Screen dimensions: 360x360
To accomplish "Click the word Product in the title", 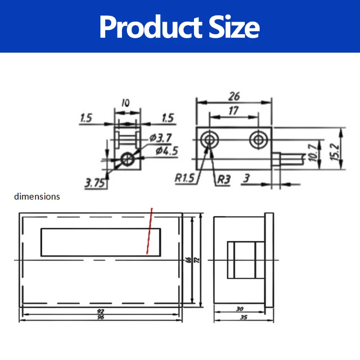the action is pyautogui.click(x=151, y=27).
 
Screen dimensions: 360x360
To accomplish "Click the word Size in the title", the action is pyautogui.click(x=234, y=27).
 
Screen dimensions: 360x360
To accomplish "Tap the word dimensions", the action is pyautogui.click(x=37, y=197).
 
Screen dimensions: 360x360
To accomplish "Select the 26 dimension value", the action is pyautogui.click(x=234, y=96).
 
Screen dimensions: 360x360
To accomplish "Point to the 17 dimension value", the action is pyautogui.click(x=234, y=111).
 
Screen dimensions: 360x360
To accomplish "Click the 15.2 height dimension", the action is pyautogui.click(x=335, y=152).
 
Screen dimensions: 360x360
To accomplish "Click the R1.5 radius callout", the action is pyautogui.click(x=184, y=178).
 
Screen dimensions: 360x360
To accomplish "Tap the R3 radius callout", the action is pyautogui.click(x=224, y=179).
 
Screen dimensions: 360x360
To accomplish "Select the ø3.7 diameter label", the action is pyautogui.click(x=161, y=138).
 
